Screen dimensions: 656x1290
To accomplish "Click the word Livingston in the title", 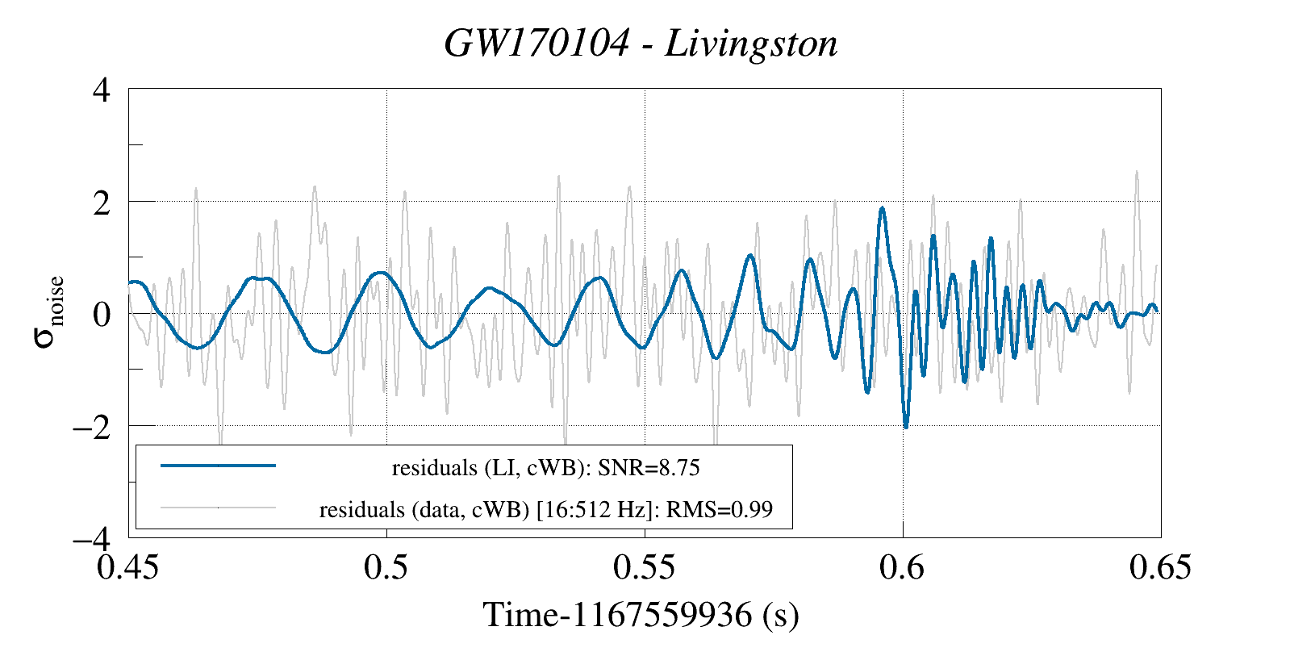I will click(751, 44).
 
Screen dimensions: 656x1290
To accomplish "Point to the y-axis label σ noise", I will click(48, 313).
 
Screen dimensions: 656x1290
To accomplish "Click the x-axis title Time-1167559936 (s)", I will click(641, 615).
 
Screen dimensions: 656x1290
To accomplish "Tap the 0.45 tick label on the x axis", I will click(128, 568).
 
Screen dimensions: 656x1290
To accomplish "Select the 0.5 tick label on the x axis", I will click(386, 568).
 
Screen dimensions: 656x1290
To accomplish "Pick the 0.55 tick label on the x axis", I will click(645, 568).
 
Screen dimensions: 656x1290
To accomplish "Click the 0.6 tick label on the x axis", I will click(903, 568).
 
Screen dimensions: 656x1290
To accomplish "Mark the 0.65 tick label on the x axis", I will click(1160, 568).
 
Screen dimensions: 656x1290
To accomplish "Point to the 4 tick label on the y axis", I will click(102, 90).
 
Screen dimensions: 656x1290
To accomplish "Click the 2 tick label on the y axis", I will click(102, 202).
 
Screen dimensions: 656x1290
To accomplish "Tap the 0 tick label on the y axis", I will click(102, 314).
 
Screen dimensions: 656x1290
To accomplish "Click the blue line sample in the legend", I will click(219, 466).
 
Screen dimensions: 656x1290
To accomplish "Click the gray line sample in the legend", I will click(219, 508).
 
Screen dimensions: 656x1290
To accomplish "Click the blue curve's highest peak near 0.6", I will click(883, 208).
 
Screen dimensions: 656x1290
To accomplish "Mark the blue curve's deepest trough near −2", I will click(906, 427).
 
